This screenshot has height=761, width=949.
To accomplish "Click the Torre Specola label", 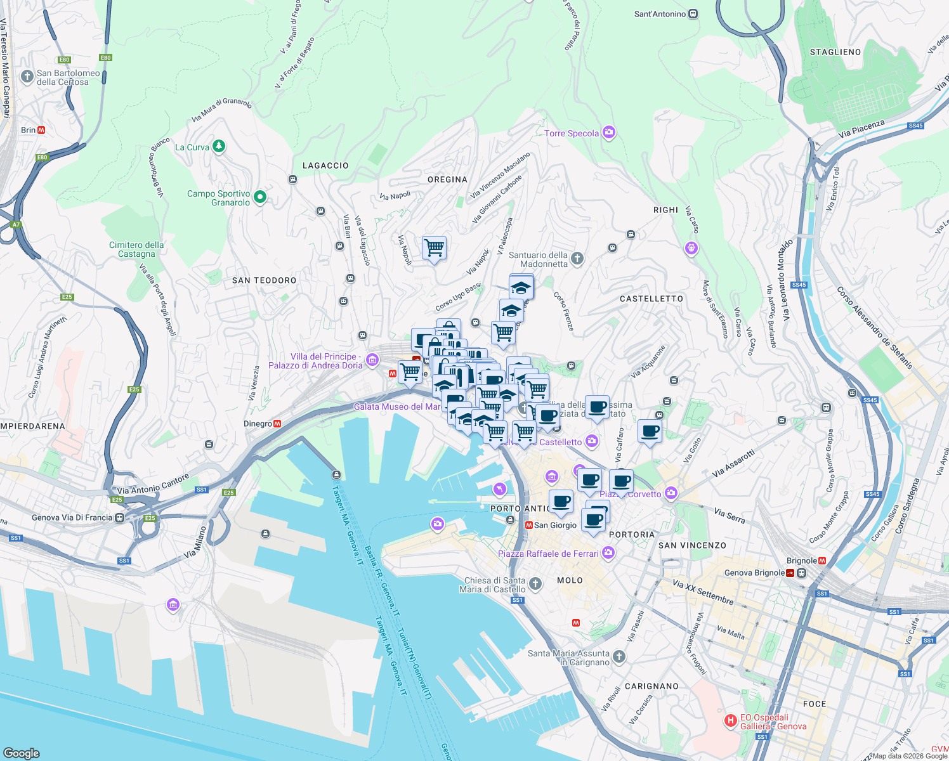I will pyautogui.click(x=572, y=133).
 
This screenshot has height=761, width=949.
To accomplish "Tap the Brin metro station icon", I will pyautogui.click(x=41, y=130).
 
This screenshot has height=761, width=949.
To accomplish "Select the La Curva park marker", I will pyautogui.click(x=219, y=146).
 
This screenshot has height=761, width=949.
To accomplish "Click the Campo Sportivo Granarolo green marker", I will pyautogui.click(x=259, y=198).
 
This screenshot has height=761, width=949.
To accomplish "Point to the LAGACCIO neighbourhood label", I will pyautogui.click(x=325, y=166).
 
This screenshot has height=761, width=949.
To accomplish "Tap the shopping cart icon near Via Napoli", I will pyautogui.click(x=435, y=247).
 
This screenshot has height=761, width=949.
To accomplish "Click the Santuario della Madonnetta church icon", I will pyautogui.click(x=577, y=258).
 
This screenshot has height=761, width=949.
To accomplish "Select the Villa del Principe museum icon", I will pyautogui.click(x=372, y=361).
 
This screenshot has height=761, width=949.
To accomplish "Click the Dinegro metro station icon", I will pyautogui.click(x=277, y=424).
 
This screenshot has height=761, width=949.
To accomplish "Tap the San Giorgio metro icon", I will pyautogui.click(x=528, y=525).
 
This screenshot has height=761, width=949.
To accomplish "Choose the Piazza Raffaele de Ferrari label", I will pyautogui.click(x=548, y=554).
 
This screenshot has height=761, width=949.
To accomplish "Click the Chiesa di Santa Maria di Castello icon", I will pyautogui.click(x=535, y=584).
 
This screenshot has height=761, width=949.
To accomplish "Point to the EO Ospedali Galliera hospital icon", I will pyautogui.click(x=731, y=721).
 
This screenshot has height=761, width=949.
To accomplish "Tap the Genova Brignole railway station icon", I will pyautogui.click(x=790, y=573).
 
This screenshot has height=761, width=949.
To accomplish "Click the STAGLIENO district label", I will pyautogui.click(x=835, y=52).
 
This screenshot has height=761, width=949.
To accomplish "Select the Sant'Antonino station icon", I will pyautogui.click(x=693, y=14).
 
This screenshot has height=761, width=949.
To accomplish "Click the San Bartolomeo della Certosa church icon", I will pyautogui.click(x=27, y=77).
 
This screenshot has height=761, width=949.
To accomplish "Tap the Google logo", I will pyautogui.click(x=21, y=753).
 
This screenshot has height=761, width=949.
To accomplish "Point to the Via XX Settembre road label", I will pyautogui.click(x=703, y=592).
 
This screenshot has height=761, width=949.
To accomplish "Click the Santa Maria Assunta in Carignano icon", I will pyautogui.click(x=619, y=657).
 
